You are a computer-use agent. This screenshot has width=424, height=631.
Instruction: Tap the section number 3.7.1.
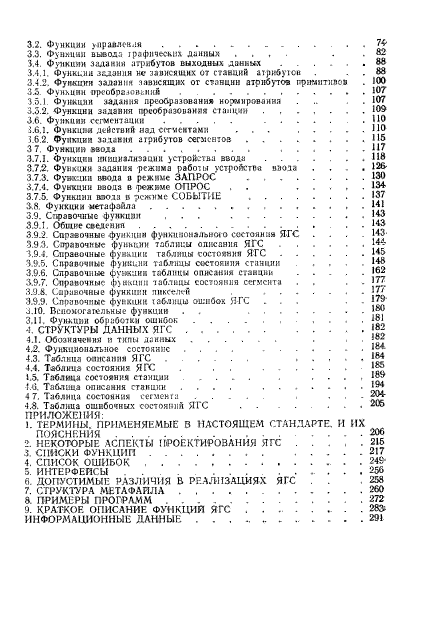(x=39, y=158)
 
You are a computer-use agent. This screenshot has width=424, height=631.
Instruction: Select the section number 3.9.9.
(x=39, y=298)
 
